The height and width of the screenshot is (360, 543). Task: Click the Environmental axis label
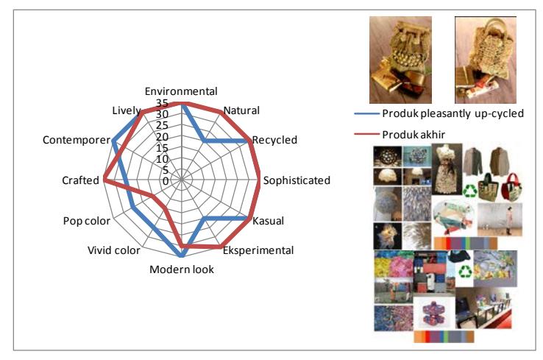pyautogui.click(x=181, y=91)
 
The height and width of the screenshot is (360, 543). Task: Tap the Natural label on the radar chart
pyautogui.click(x=241, y=110)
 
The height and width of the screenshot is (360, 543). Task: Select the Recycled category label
pyautogui.click(x=274, y=140)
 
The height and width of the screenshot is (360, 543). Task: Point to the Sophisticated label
pyautogui.click(x=297, y=180)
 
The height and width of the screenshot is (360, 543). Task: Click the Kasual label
pyautogui.click(x=268, y=221)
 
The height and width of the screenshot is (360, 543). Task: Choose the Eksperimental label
pyautogui.click(x=258, y=250)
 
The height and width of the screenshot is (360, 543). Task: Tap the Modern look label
pyautogui.click(x=182, y=269)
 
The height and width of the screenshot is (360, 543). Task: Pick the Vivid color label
pyautogui.click(x=114, y=250)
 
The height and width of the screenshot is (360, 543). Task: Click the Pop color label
pyautogui.click(x=87, y=221)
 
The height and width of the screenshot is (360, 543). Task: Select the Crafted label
pyautogui.click(x=81, y=180)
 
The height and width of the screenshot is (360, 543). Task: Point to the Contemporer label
pyautogui.click(x=77, y=140)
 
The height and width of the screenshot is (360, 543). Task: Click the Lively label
pyautogui.click(x=127, y=110)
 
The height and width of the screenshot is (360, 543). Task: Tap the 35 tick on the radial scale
pyautogui.click(x=162, y=103)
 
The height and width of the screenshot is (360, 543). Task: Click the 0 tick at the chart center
pyautogui.click(x=166, y=181)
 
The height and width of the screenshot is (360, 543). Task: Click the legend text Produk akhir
pyautogui.click(x=414, y=135)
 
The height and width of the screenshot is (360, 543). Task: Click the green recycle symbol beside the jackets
pyautogui.click(x=470, y=191)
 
